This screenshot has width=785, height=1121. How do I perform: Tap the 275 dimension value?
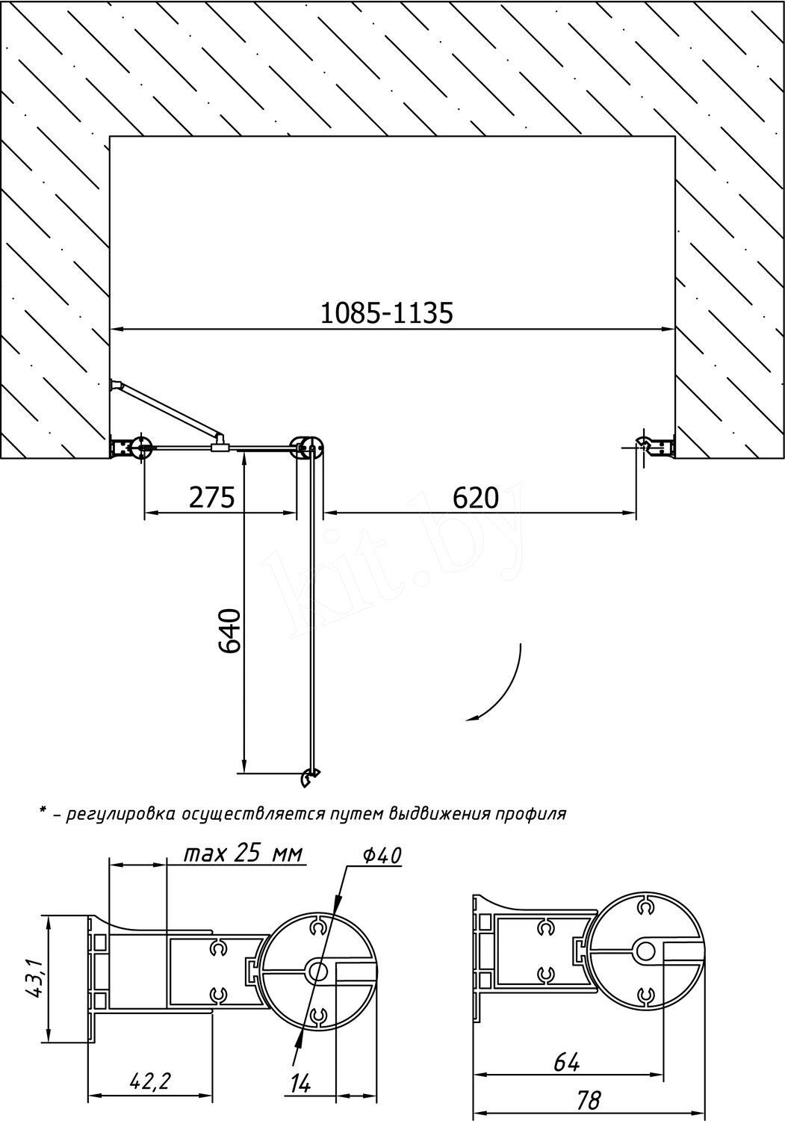pos(211,498)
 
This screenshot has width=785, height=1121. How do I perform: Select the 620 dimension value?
pos(476,498)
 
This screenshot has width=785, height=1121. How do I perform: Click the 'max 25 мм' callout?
pos(243,853)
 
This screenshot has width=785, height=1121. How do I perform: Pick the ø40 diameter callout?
pos(383,856)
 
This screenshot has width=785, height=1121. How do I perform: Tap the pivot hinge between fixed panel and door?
pos(307,446)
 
